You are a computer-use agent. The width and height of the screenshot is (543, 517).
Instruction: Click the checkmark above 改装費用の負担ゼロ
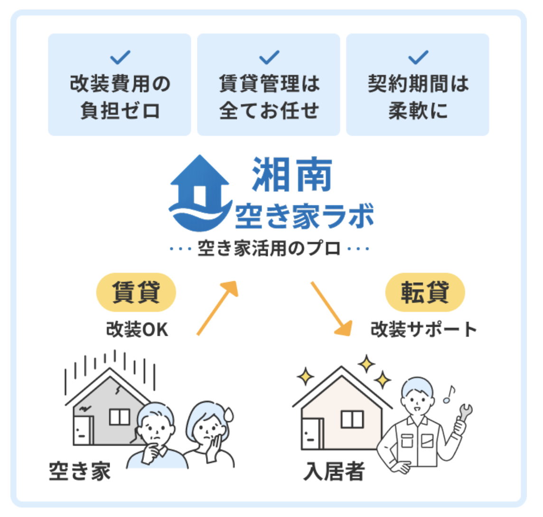(120, 57)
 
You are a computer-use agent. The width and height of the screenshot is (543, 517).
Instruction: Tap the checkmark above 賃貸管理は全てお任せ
(269, 57)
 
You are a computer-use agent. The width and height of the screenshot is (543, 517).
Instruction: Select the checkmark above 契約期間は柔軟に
(418, 57)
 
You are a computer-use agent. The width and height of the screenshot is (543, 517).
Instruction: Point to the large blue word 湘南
(292, 174)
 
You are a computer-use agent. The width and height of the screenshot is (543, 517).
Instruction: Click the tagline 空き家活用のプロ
(269, 248)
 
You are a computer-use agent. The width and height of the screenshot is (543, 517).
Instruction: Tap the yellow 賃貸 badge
(136, 292)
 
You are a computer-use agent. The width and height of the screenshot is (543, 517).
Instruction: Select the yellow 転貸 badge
(425, 292)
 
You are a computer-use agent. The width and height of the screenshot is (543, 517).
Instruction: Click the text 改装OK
(137, 329)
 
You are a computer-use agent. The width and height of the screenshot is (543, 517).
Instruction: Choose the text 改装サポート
(423, 329)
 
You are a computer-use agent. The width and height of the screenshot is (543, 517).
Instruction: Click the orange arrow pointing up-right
(217, 308)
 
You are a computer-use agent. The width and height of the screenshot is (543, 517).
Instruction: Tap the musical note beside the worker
(449, 395)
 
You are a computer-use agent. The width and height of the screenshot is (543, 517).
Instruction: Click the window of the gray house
(120, 417)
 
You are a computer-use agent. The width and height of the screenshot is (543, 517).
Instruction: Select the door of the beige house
(312, 434)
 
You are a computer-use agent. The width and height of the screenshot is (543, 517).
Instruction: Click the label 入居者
(334, 471)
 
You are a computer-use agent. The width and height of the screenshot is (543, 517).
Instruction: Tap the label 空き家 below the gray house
(80, 471)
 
